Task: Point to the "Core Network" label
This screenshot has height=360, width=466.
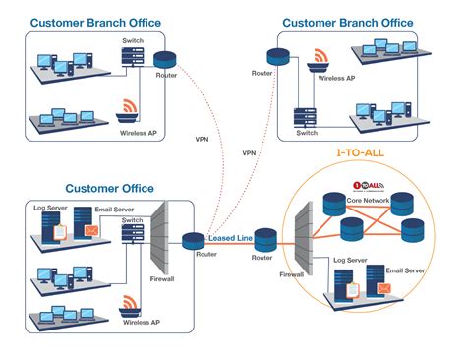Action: coord(369,200)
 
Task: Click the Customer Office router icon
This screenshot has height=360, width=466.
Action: coord(193,239)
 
